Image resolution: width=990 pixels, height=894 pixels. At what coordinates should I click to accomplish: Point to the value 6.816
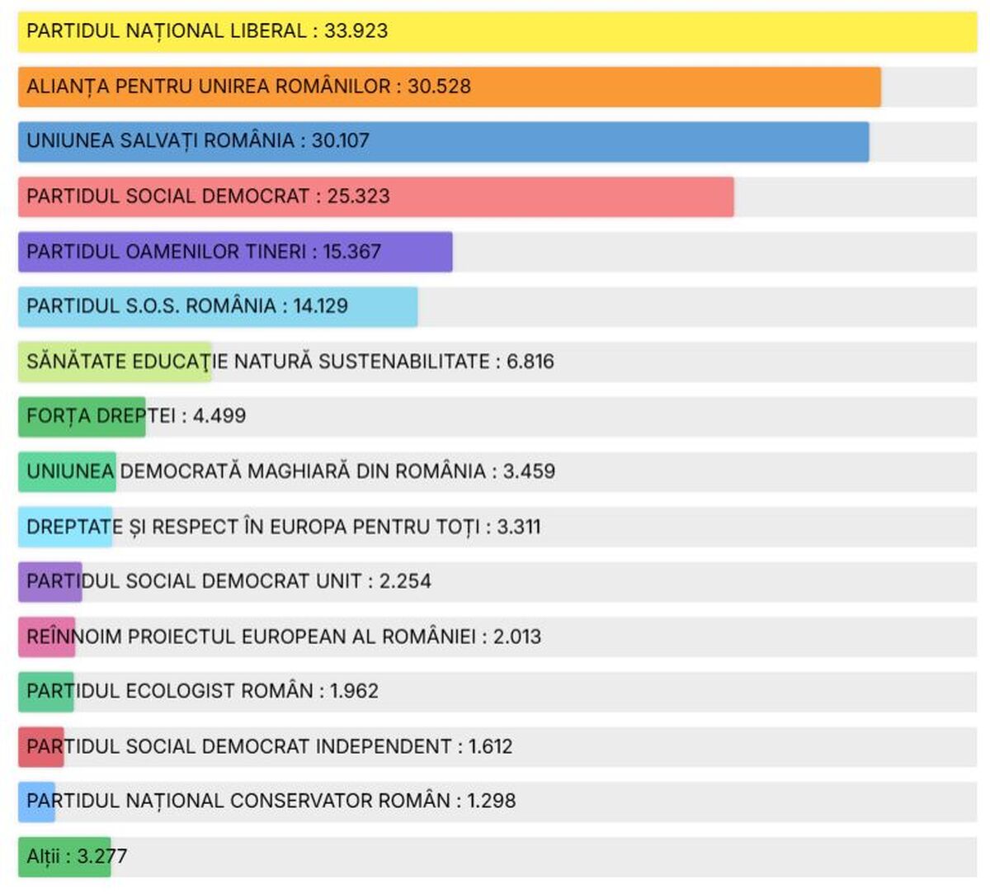(530, 362)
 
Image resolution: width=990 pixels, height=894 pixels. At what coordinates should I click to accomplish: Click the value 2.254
(405, 581)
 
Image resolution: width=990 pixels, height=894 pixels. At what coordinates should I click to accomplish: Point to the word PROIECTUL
(181, 636)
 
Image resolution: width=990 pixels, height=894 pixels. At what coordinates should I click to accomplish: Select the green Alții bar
(64, 857)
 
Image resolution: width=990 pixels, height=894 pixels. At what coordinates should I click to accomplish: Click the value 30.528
(439, 87)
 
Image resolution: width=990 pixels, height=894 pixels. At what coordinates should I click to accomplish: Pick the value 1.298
(491, 801)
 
